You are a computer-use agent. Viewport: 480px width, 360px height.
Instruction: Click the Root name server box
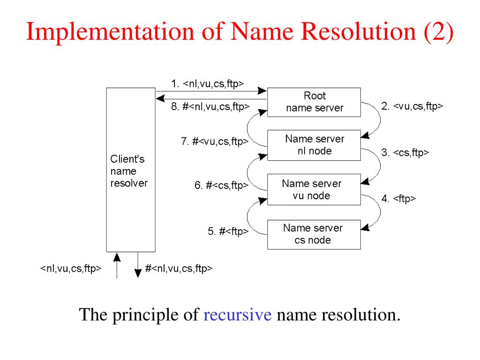tap(314, 102)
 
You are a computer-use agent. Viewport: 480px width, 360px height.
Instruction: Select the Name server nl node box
tap(314, 145)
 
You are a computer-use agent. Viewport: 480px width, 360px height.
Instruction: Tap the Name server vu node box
tap(314, 189)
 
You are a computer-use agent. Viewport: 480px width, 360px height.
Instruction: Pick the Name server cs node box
tap(314, 234)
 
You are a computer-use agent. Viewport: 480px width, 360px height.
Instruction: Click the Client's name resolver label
tap(128, 171)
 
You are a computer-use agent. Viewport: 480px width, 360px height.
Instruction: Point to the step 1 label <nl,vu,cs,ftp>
tap(208, 84)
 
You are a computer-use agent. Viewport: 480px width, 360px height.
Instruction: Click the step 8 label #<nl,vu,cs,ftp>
tap(210, 107)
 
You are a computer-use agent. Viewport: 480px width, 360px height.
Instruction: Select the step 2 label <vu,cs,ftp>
tap(412, 106)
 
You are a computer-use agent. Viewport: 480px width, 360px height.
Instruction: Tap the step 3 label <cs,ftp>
tap(405, 153)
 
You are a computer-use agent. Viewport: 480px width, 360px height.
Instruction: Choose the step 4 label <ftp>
tap(398, 199)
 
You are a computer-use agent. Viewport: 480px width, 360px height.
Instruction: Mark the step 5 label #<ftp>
tap(228, 231)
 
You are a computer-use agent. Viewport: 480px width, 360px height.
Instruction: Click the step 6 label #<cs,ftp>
tap(221, 186)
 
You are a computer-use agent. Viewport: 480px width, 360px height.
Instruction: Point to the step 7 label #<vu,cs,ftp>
tap(215, 141)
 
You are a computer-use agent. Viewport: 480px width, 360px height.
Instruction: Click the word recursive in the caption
tap(238, 314)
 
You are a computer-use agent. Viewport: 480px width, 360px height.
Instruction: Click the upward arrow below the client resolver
tap(117, 265)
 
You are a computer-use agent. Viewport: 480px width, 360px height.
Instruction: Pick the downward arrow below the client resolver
tap(138, 265)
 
